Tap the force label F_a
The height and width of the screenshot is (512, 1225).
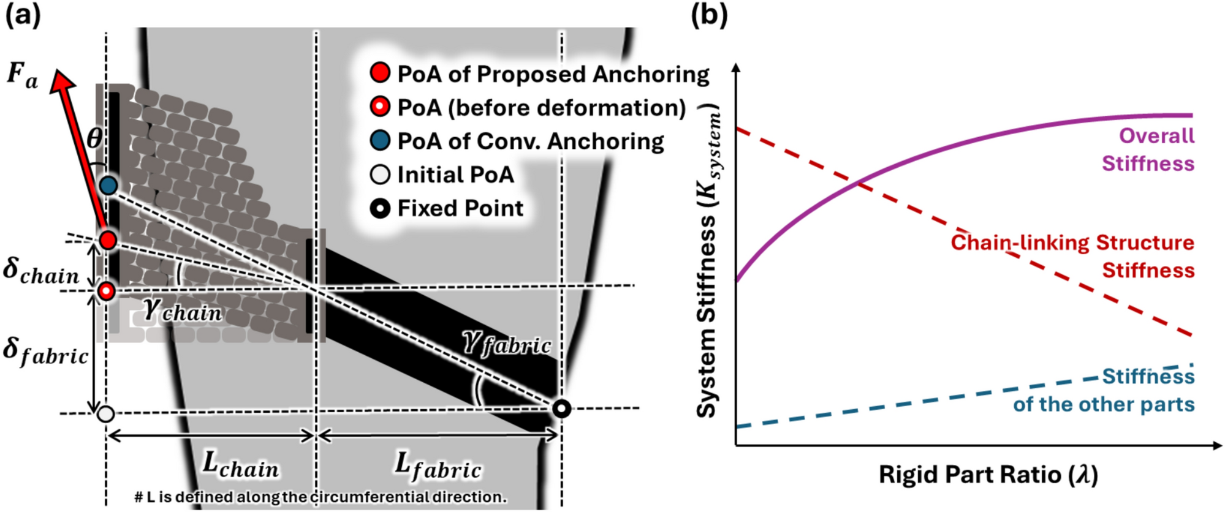pyautogui.click(x=22, y=77)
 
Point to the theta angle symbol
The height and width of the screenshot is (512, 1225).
pyautogui.click(x=94, y=138)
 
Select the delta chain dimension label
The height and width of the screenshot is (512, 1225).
pyautogui.click(x=40, y=271)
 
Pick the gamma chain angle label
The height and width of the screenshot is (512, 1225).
pyautogui.click(x=182, y=311)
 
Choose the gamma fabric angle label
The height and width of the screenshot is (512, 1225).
pyautogui.click(x=507, y=344)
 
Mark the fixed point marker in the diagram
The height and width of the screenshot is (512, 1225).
pyautogui.click(x=561, y=408)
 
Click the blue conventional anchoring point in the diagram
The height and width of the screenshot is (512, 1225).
pyautogui.click(x=108, y=185)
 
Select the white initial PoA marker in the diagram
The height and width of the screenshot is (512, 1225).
pyautogui.click(x=106, y=414)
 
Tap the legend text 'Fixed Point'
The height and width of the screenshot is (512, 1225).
pyautogui.click(x=460, y=208)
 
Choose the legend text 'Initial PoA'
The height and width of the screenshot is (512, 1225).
pyautogui.click(x=455, y=175)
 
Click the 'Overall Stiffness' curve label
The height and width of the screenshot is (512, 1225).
pyautogui.click(x=1148, y=149)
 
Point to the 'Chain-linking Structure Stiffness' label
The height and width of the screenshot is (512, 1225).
pyautogui.click(x=1072, y=256)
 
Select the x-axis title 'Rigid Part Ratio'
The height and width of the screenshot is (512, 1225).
pyautogui.click(x=988, y=475)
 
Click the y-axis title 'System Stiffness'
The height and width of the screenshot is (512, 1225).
pyautogui.click(x=709, y=263)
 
